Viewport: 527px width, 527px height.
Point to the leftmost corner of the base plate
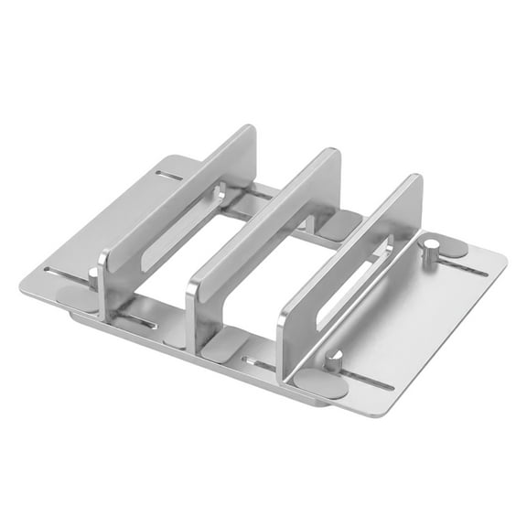20,276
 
